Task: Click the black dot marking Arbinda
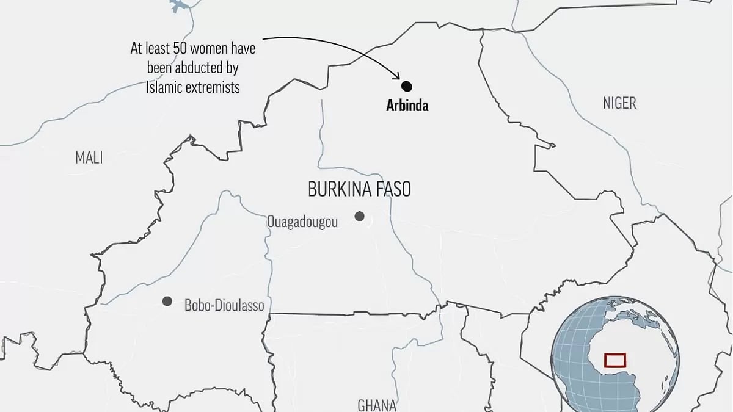(407, 87)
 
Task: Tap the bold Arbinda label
(407, 106)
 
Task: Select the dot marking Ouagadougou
(360, 216)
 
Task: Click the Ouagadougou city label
(302, 222)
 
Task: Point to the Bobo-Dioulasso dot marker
(167, 301)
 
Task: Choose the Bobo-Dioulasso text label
(224, 305)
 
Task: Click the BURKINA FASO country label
(359, 190)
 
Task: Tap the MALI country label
(89, 158)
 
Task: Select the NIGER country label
(619, 103)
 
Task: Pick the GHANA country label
(377, 405)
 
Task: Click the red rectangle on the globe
(615, 360)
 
